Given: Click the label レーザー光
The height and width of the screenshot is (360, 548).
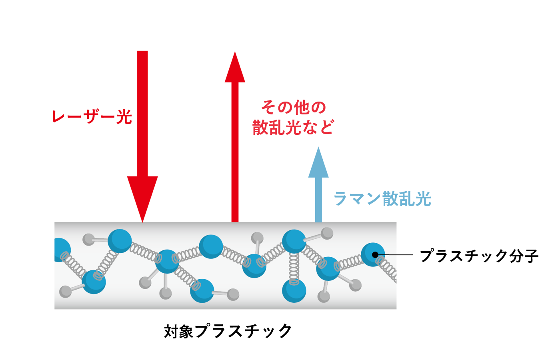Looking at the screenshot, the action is pos(92,117).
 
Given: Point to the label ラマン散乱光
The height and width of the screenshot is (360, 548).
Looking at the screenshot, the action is pos(382,198).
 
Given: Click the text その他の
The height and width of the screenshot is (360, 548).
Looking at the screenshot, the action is pos(293,107).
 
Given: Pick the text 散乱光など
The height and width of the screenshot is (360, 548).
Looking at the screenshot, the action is pos(293,127).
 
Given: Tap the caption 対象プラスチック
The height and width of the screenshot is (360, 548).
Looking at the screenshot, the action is pos(228,331).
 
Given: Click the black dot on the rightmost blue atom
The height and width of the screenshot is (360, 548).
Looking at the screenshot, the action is pos(375,255).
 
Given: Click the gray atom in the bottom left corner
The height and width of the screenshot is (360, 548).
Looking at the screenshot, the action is pos(65,292).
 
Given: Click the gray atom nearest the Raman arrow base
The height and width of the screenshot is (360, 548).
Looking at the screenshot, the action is pos(327,233).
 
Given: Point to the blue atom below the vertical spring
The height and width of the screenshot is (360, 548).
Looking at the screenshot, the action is pos(294,291).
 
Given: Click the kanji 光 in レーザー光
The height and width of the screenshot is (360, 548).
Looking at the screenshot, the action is pos(124,117).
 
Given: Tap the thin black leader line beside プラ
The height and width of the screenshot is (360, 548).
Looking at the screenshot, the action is pos(396,255).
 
